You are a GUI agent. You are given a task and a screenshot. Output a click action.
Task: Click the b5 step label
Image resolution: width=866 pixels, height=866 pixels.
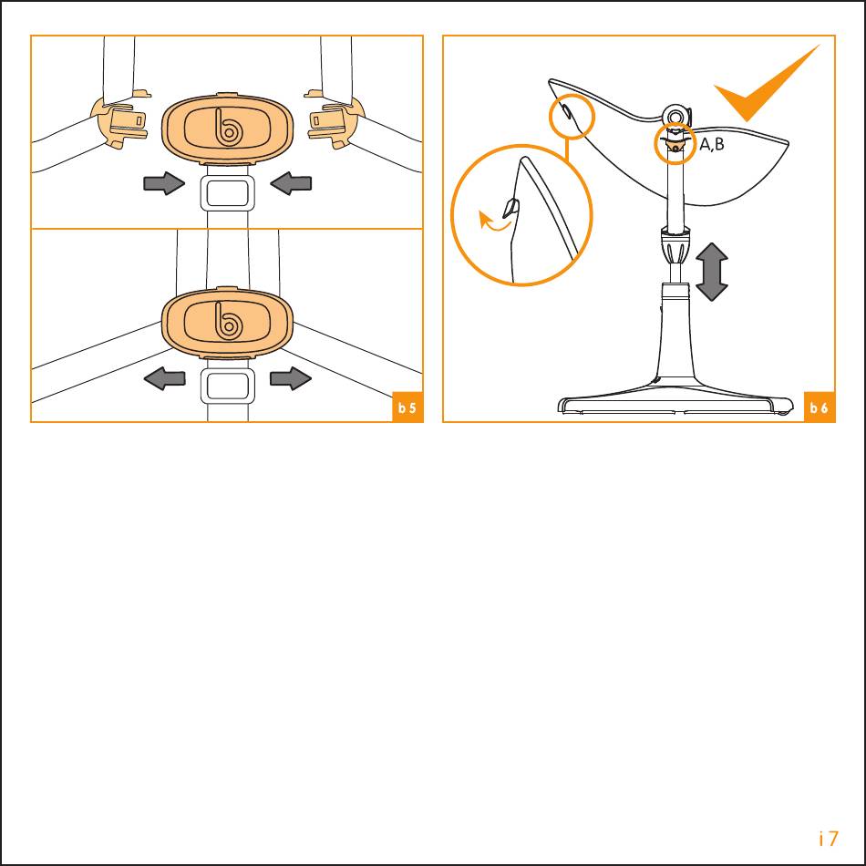click(407, 407)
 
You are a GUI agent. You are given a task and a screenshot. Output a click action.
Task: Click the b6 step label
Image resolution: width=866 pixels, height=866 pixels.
click(820, 407)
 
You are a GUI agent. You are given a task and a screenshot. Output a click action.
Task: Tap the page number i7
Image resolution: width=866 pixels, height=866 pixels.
click(829, 839)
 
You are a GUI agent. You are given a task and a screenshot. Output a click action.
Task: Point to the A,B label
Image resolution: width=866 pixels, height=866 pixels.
click(711, 145)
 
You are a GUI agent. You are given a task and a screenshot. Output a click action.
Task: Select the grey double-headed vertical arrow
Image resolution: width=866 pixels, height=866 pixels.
click(712, 272)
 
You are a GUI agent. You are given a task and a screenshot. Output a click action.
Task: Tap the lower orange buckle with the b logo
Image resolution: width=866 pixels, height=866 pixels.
click(227, 323)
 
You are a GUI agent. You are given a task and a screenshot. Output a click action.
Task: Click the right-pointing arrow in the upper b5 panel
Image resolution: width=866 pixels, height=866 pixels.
click(164, 183)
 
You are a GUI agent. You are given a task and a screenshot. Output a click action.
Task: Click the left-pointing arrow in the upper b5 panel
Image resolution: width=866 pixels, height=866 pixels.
click(291, 183)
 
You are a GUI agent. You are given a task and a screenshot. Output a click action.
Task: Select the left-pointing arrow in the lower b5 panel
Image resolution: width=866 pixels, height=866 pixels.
click(164, 378)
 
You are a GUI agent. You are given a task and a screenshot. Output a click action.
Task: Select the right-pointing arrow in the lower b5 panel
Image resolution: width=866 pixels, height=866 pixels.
click(291, 378)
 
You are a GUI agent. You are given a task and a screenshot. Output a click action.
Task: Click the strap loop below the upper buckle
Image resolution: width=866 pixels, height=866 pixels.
click(228, 191)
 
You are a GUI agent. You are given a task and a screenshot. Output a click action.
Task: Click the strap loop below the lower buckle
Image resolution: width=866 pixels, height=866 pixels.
click(228, 387)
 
